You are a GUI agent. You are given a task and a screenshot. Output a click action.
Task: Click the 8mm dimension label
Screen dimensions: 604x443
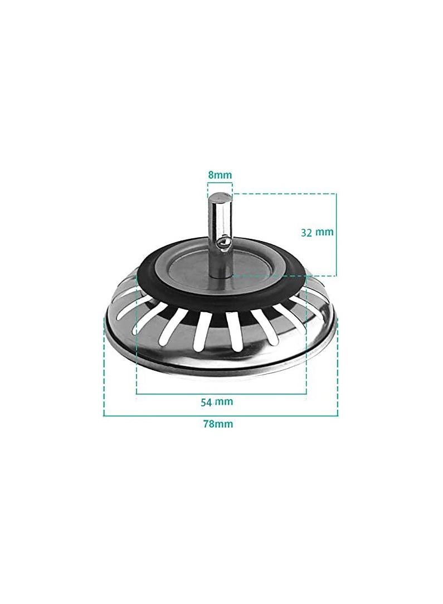[x=220, y=175]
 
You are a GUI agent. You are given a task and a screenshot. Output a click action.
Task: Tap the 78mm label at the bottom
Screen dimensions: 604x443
[x=218, y=424]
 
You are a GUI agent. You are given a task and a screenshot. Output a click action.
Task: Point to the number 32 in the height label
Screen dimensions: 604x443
[x=306, y=233]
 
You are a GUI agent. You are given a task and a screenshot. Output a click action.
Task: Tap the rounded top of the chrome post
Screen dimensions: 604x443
[x=221, y=198]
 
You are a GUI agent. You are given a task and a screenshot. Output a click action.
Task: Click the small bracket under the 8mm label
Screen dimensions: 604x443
[x=220, y=184]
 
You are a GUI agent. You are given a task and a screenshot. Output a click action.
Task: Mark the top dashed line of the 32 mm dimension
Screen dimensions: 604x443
[x=284, y=194]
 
